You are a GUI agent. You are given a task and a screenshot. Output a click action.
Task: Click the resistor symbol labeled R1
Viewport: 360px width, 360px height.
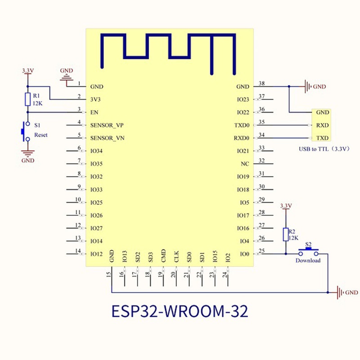(x=27, y=99)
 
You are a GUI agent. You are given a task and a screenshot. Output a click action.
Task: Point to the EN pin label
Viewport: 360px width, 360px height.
(x=94, y=112)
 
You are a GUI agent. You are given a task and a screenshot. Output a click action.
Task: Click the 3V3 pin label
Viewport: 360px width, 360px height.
(x=96, y=99)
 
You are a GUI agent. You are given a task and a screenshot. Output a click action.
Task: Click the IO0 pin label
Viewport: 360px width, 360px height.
(x=244, y=254)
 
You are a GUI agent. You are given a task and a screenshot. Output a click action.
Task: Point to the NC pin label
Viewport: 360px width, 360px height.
(x=245, y=164)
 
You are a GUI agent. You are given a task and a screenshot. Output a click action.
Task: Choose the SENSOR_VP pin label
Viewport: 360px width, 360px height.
(x=107, y=125)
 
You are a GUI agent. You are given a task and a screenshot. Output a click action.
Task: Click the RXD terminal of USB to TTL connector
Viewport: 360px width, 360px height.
(x=322, y=125)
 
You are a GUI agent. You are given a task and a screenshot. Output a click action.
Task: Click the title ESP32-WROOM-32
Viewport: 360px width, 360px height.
(x=179, y=311)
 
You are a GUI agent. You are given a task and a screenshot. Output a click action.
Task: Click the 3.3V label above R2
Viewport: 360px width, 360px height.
(x=286, y=206)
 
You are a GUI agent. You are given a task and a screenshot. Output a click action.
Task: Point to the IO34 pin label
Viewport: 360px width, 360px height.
(x=97, y=151)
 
